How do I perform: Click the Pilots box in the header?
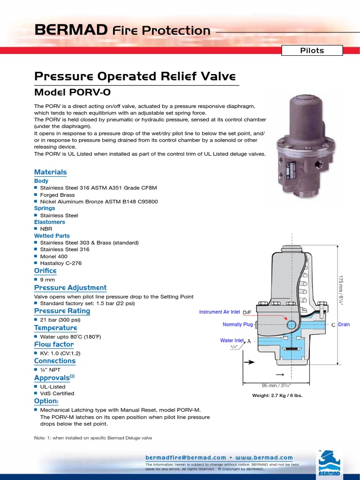[312, 51]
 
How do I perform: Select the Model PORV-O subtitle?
[73, 93]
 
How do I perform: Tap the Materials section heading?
[51, 172]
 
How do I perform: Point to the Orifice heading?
[45, 271]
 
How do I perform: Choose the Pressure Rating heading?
[62, 311]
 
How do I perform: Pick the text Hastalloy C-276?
[61, 263]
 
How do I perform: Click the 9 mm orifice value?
[48, 279]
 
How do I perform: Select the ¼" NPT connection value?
[50, 369]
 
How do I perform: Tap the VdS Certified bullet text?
[57, 393]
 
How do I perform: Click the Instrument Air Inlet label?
[219, 312]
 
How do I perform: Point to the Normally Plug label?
[238, 324]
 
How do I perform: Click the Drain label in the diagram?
[344, 324]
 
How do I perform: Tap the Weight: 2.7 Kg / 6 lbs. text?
[277, 396]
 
